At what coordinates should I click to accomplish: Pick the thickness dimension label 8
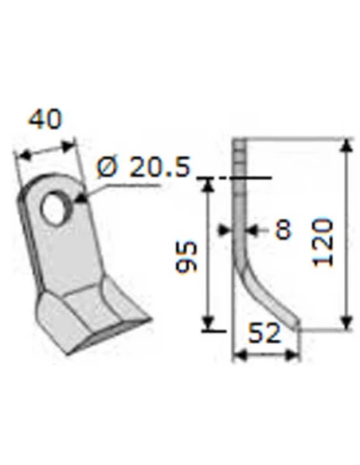(282, 230)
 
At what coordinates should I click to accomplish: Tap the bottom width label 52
(264, 334)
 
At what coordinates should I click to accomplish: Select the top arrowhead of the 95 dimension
(207, 185)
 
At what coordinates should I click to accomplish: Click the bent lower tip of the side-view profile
(295, 323)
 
